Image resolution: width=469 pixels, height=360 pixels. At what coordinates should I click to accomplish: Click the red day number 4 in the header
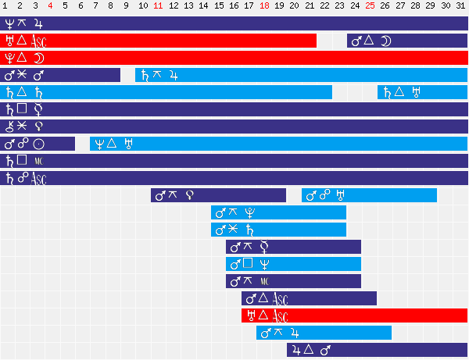coord(51,7)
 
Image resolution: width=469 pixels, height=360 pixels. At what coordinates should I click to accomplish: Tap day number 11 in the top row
coord(159,7)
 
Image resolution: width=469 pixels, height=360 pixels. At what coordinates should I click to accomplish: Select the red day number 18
coord(264,7)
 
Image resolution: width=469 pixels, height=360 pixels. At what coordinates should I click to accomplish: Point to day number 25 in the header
coord(371,7)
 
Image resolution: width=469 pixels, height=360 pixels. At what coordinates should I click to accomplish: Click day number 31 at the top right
coord(461,7)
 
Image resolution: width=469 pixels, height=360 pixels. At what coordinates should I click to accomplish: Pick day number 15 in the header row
coord(219,7)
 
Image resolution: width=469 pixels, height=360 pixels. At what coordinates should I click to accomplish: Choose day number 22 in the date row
coord(325,7)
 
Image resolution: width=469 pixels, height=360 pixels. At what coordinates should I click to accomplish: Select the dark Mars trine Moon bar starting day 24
coord(407,41)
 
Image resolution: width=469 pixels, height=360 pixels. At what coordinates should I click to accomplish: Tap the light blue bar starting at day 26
coord(422,92)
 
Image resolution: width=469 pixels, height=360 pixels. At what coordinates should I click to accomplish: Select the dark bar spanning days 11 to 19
coord(218,195)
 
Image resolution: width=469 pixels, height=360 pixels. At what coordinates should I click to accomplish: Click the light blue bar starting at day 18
coord(324,333)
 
